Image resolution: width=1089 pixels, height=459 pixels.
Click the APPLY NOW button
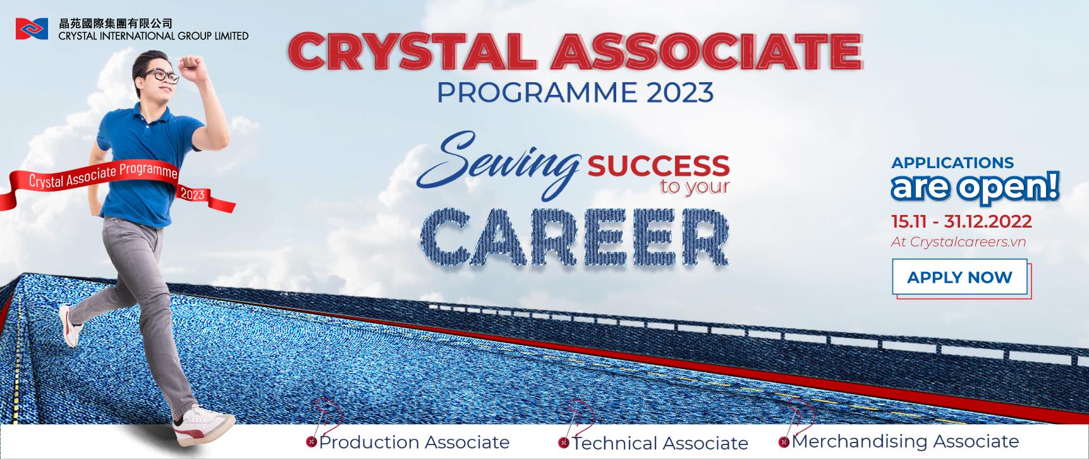click(959, 277)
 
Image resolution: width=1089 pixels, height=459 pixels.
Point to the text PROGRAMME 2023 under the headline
click(575, 92)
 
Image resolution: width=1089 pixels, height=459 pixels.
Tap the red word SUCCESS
click(659, 166)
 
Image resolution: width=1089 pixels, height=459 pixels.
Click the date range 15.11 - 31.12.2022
click(961, 222)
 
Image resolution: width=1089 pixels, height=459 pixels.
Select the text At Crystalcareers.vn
click(958, 242)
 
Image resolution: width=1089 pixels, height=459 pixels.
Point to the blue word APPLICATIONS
click(952, 162)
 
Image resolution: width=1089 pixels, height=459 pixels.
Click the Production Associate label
click(414, 442)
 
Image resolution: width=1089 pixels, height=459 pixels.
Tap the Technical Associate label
click(660, 443)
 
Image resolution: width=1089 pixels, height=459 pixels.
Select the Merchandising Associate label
click(905, 441)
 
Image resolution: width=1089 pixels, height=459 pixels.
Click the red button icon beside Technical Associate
click(563, 443)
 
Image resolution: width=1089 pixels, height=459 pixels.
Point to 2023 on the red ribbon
click(193, 193)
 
